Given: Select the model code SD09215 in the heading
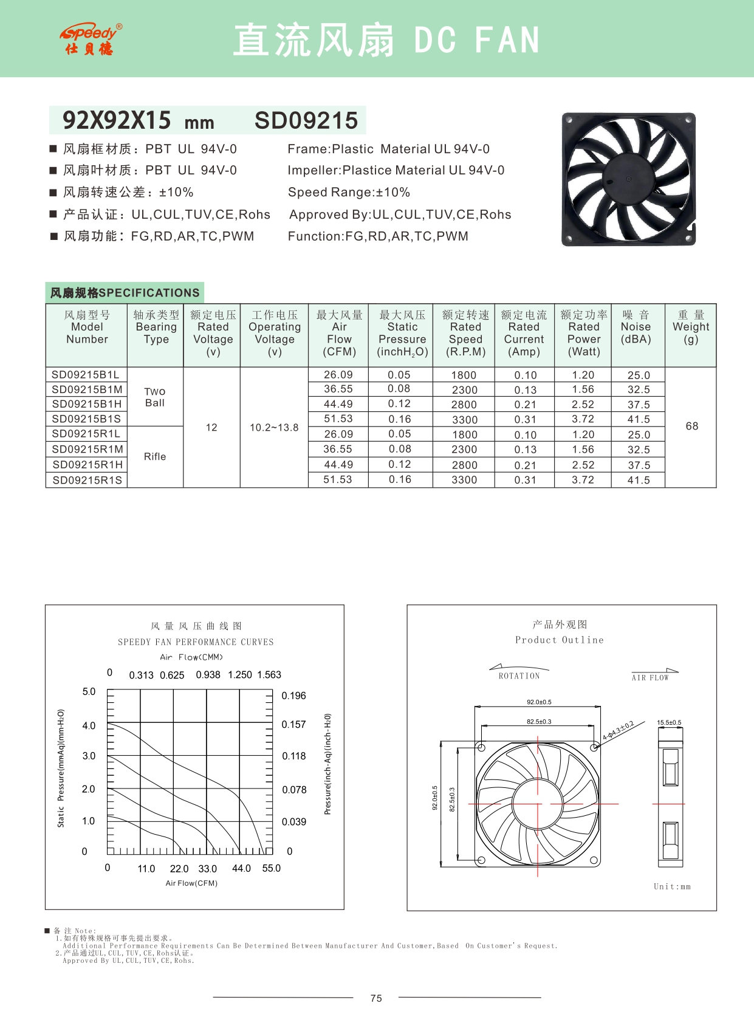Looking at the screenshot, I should [306, 120].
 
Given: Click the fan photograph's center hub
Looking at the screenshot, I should [628, 179].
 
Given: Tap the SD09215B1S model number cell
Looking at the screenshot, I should [86, 419].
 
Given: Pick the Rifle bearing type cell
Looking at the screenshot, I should [155, 457].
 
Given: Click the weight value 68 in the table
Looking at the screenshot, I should [691, 426].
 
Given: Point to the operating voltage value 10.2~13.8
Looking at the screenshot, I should [274, 428].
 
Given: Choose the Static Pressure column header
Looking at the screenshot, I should [402, 333].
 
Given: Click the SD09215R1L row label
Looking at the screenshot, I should [86, 434].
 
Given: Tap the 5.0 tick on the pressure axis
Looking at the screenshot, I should [89, 692].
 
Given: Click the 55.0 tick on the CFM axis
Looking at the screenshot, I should [271, 869].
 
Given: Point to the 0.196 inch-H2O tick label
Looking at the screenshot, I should [293, 696].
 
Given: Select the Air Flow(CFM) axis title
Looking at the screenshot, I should [191, 883].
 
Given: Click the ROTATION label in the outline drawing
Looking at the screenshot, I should [519, 676].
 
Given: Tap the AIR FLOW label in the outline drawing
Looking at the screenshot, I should [650, 678].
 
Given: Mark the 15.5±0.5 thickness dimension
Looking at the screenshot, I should [669, 723].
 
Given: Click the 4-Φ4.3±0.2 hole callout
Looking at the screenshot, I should [618, 730].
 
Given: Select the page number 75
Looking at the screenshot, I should [376, 999].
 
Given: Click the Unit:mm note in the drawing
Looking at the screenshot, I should [672, 887].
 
